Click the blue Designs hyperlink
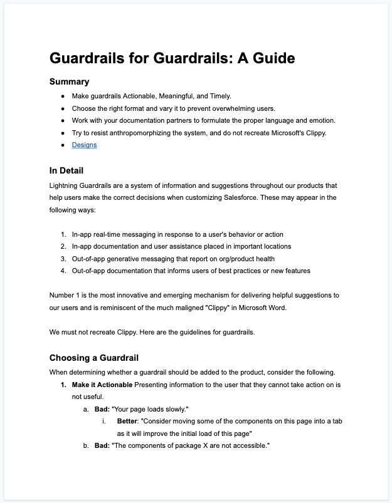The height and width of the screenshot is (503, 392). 84,145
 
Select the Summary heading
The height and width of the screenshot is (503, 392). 69,81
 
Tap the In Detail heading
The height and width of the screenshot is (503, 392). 66,170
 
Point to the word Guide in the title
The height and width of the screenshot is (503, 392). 269,58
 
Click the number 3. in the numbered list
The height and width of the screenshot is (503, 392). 63,259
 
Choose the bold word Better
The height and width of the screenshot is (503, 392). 129,421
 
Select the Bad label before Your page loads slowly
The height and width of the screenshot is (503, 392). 100,409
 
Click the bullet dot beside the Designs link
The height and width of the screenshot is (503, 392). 63,145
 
